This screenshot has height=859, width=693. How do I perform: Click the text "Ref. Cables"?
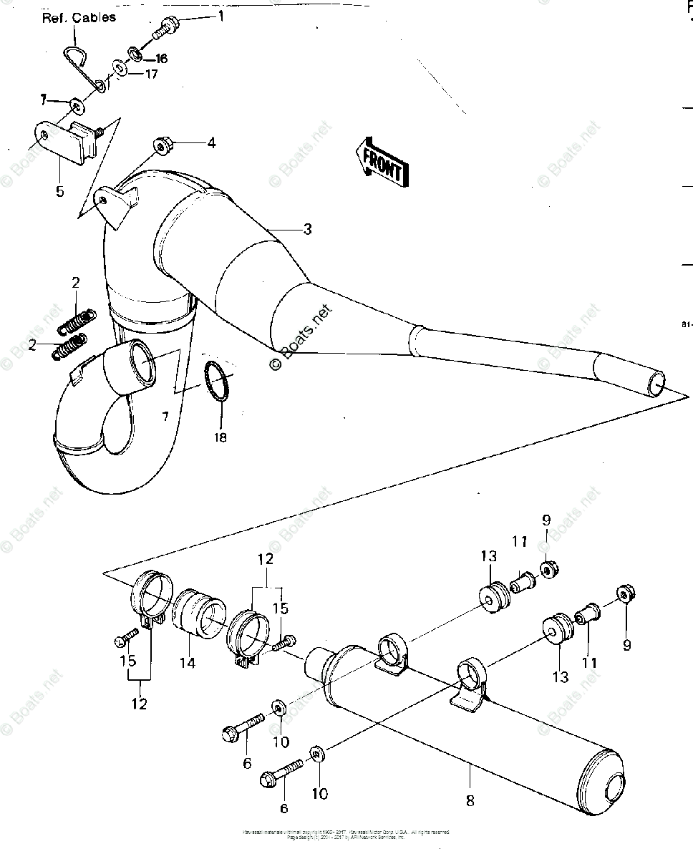78,17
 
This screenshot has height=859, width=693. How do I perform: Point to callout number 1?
220,15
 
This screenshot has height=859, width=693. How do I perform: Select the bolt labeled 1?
165,27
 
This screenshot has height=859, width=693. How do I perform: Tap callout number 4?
210,143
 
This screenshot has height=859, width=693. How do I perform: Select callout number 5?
59,191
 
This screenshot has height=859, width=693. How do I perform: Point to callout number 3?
306,229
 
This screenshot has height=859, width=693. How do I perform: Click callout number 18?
220,437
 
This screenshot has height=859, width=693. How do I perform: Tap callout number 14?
187,663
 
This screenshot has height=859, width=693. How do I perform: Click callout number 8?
470,800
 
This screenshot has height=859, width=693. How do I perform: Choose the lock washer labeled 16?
135,54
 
